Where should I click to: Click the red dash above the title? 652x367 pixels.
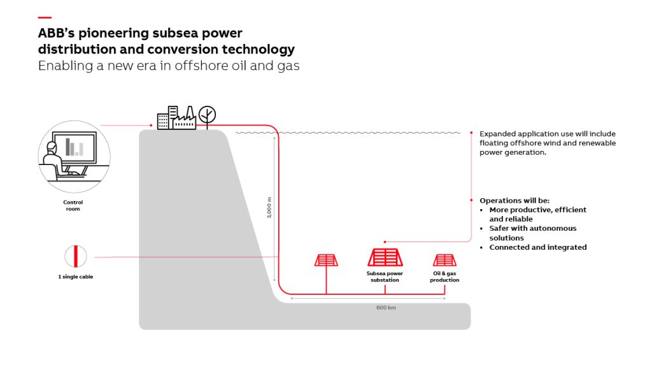coord(45,17)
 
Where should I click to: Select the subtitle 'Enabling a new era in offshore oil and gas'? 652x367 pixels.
coord(168,66)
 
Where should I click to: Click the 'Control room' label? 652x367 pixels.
coord(73,205)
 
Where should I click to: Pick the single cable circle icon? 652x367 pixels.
coord(75,257)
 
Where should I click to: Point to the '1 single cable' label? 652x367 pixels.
coord(75,277)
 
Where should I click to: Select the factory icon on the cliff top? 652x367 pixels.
coord(185,119)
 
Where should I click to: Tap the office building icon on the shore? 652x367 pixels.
coord(165,119)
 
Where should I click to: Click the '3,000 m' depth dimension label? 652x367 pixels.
coord(269,207)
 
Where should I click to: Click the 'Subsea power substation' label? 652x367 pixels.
coord(385,277)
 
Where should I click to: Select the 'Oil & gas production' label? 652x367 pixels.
coord(444,277)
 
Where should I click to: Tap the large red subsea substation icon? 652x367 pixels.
coord(385,257)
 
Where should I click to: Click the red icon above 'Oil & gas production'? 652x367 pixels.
coord(444,260)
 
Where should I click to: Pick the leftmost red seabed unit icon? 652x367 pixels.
coord(326,260)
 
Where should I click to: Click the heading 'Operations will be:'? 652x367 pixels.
coord(509,200)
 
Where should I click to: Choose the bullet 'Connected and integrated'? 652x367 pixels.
coord(537,247)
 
